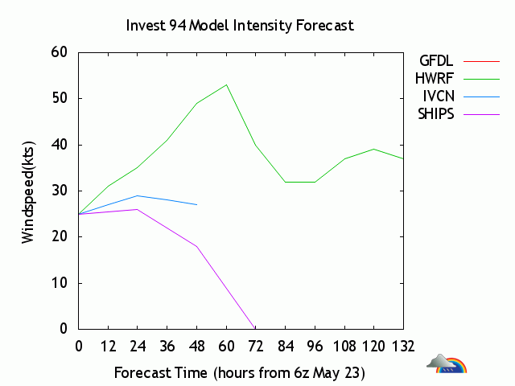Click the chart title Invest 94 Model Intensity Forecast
(240, 25)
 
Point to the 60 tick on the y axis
(61, 53)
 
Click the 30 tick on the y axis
(61, 191)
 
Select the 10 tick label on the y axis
(61, 283)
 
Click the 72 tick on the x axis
(255, 347)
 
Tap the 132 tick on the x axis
(403, 347)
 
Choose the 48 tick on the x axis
(196, 347)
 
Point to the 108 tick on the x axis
(344, 347)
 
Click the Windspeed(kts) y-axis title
(28, 191)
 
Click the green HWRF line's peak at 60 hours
(226, 84)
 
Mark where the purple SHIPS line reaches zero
(255, 329)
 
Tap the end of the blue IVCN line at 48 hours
(196, 204)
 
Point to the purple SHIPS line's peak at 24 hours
(138, 209)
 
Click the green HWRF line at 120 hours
(373, 149)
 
